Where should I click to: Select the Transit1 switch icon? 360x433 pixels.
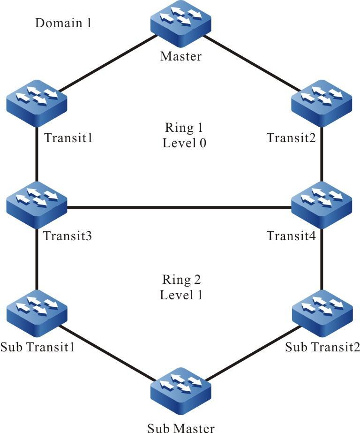(x=37, y=106)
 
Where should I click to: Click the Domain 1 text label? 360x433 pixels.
(x=63, y=23)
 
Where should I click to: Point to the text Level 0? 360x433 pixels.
(x=184, y=143)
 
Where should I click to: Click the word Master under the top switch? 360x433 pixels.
(x=180, y=57)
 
